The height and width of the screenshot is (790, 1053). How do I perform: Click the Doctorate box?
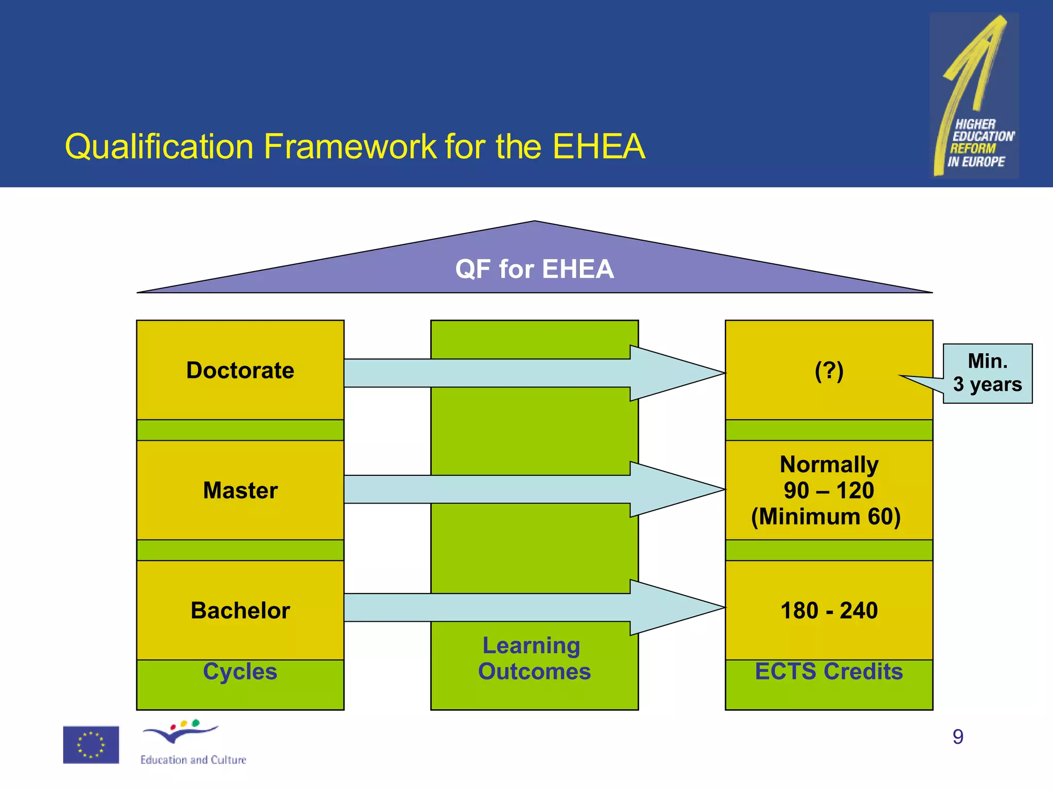240,370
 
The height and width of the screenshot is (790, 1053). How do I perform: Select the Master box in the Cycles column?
240,490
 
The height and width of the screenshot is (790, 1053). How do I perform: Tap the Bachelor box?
240,611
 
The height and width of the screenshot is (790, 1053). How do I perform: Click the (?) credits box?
828,370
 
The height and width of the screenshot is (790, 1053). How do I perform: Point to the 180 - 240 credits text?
829,611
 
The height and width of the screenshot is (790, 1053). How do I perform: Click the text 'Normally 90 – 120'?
829,477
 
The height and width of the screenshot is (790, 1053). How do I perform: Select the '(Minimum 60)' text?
826,516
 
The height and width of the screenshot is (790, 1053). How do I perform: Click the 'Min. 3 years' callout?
987,373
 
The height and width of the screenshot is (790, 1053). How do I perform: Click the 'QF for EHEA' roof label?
534,269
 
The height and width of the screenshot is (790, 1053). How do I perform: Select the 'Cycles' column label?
240,672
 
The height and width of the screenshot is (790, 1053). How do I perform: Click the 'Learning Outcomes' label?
534,659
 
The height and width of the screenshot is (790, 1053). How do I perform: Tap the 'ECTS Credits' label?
829,672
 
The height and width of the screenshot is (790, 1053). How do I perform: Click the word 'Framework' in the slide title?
351,147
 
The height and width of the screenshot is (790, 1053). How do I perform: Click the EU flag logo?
91,745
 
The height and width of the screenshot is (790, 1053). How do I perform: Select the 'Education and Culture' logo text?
193,760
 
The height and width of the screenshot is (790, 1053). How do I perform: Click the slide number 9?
958,737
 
